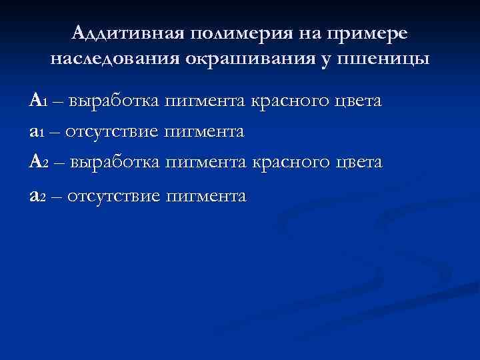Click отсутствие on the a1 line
coord(113,132)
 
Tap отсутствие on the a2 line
coord(114,195)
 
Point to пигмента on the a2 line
coord(206,195)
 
